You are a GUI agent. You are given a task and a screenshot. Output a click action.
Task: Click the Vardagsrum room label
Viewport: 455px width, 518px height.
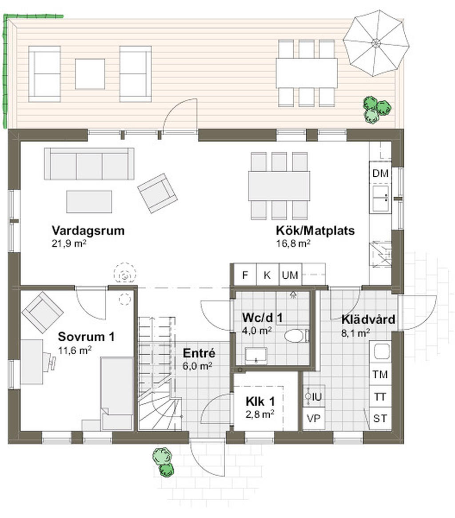click(88, 231)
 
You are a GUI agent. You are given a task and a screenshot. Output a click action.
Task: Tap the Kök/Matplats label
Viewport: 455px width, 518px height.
click(315, 231)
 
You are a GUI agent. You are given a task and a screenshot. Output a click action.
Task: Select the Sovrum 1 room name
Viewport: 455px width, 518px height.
click(86, 336)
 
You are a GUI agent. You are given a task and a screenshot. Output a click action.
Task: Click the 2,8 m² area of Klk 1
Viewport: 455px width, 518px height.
click(259, 413)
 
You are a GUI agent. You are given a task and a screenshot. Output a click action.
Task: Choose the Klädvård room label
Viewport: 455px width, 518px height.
click(368, 320)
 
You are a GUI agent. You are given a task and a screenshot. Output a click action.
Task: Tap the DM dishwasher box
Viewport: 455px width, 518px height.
click(380, 174)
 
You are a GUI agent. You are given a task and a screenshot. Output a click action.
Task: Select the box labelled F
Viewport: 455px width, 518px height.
click(245, 275)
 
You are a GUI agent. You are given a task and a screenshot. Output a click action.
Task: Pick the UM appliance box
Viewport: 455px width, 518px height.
click(290, 275)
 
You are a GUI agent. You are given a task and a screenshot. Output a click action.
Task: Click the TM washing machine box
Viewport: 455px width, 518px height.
click(380, 374)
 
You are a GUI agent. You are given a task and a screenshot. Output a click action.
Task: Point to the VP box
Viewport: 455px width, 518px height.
click(314, 418)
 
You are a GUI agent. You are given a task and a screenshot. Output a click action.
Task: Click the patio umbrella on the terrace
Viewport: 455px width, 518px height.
click(376, 43)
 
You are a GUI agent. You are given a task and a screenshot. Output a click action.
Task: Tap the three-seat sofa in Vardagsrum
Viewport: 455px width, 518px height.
click(89, 164)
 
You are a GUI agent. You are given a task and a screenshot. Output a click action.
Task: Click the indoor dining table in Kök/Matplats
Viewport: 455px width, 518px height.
click(279, 186)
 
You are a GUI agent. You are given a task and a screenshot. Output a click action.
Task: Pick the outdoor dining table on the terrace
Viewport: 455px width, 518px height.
click(307, 73)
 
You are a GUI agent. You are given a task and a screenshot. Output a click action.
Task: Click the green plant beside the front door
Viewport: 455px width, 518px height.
click(163, 461)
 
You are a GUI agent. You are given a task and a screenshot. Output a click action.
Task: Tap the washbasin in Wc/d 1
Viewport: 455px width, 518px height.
click(256, 356)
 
